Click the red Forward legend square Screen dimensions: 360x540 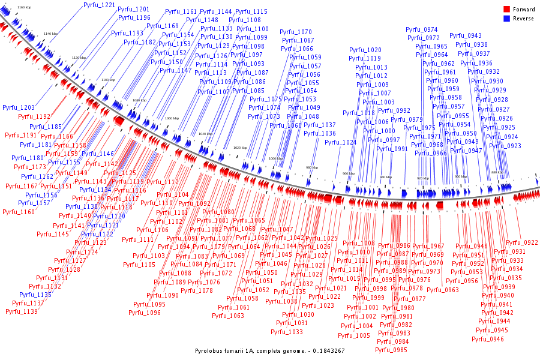[506, 10]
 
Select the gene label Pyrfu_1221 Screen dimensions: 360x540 [99, 5]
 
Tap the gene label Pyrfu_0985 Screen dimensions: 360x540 [393, 350]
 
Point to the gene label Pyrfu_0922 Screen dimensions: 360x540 [522, 243]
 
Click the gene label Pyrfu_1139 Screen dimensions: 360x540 [22, 311]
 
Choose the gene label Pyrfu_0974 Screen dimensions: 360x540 [422, 29]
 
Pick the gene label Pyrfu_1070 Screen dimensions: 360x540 [296, 32]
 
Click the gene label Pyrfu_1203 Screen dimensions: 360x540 [18, 107]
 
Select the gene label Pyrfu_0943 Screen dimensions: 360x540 [466, 35]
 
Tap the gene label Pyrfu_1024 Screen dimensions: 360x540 [341, 143]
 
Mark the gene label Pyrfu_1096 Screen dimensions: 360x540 [146, 313]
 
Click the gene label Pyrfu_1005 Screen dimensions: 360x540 [355, 335]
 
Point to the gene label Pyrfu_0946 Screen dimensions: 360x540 [488, 339]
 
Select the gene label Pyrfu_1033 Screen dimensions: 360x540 [287, 332]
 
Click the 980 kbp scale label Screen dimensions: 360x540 [312, 167]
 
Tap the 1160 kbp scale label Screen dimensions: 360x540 [24, 7]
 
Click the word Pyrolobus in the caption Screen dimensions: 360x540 [210, 350]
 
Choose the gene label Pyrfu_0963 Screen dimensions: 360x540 [443, 290]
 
